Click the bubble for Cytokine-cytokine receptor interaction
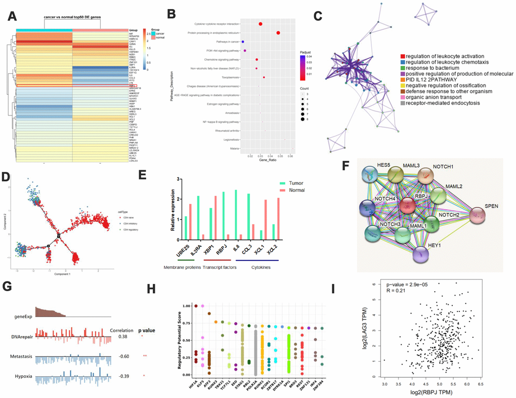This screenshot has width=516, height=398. click(261, 24)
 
